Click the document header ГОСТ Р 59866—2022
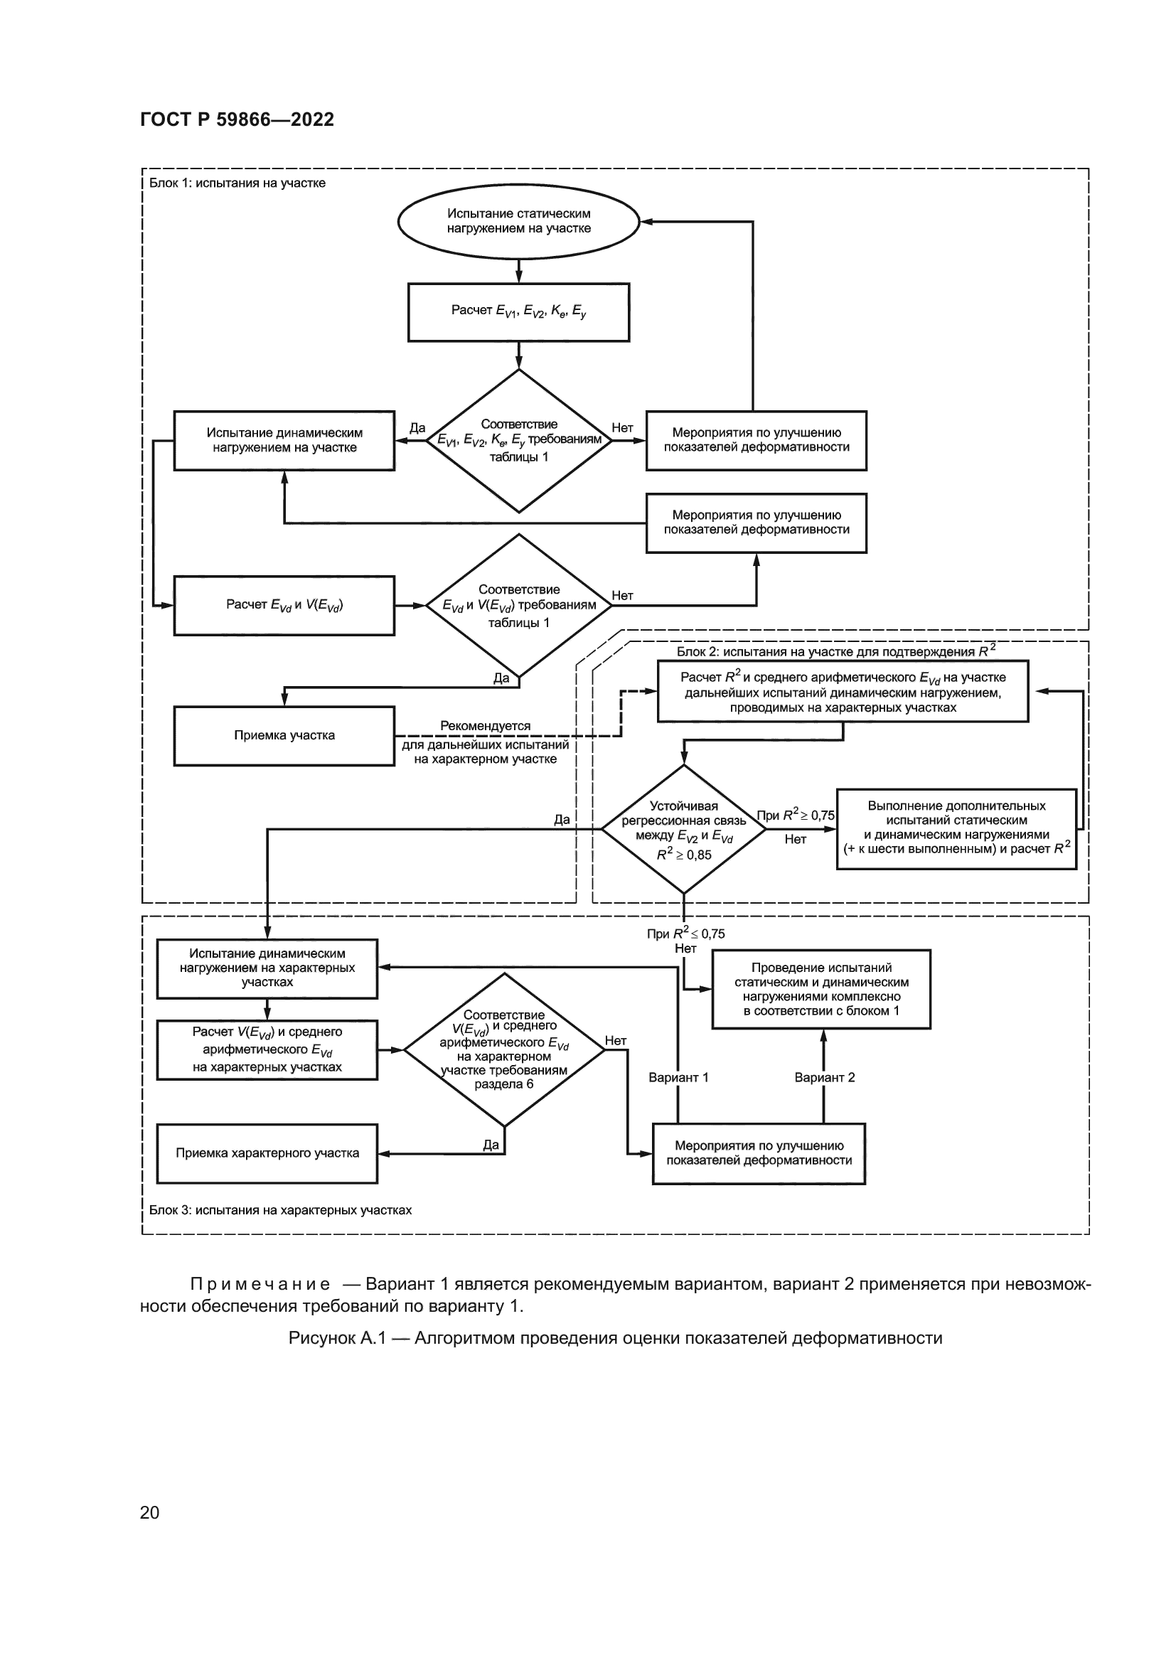(x=237, y=119)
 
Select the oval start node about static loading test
(x=518, y=221)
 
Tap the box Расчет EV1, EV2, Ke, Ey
(x=518, y=311)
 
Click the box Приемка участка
(x=284, y=736)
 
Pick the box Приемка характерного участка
(x=267, y=1153)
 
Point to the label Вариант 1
(x=678, y=1077)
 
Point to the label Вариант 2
(x=824, y=1077)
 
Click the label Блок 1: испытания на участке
(x=237, y=183)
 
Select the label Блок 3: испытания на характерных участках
(x=280, y=1209)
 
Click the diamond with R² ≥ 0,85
(x=683, y=829)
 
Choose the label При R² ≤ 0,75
(x=685, y=934)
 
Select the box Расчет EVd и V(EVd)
(x=284, y=606)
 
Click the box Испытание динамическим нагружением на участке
(x=284, y=440)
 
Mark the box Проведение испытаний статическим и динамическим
(x=821, y=989)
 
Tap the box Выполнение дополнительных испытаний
(x=956, y=828)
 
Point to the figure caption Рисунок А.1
(x=615, y=1338)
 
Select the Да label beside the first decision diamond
(x=417, y=427)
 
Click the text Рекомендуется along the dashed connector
(x=485, y=726)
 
